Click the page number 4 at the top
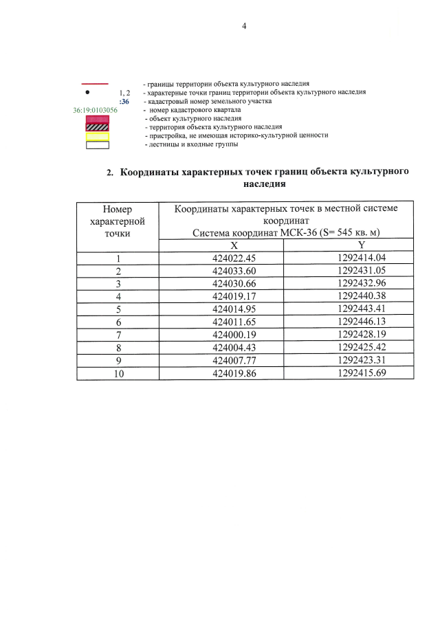[x=243, y=26]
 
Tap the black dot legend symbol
[x=87, y=91]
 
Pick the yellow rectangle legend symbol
[x=97, y=136]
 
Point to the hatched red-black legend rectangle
[x=97, y=127]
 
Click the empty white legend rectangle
[x=97, y=144]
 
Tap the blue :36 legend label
[x=124, y=100]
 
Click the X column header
[x=234, y=246]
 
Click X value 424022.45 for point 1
[x=234, y=258]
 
